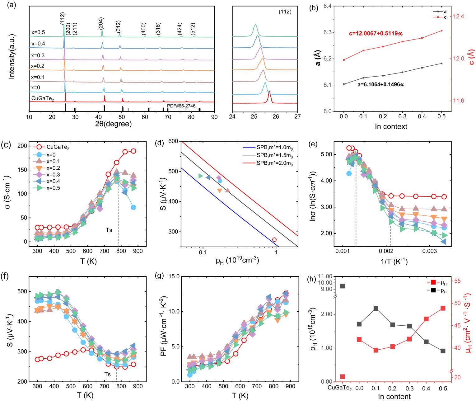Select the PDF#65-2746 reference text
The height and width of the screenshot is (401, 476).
pos(181,106)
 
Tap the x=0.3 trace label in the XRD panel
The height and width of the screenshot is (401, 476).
pos(38,55)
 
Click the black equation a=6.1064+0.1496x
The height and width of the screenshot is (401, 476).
pos(382,84)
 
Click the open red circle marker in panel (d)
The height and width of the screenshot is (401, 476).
pos(274,240)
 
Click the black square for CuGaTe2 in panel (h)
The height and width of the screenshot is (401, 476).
pos(342,286)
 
